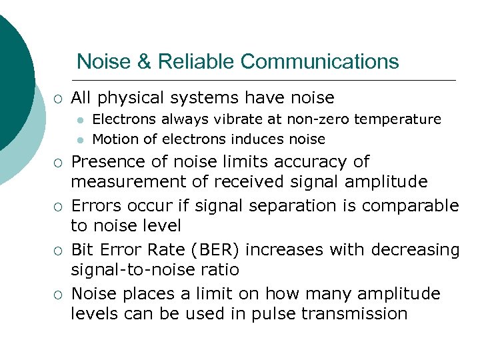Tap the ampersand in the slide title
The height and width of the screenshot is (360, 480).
[x=144, y=61]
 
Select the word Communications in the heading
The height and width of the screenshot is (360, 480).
[x=320, y=61]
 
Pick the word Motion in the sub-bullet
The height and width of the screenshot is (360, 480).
[x=113, y=139]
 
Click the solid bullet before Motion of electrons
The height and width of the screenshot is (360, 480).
[x=79, y=140]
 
